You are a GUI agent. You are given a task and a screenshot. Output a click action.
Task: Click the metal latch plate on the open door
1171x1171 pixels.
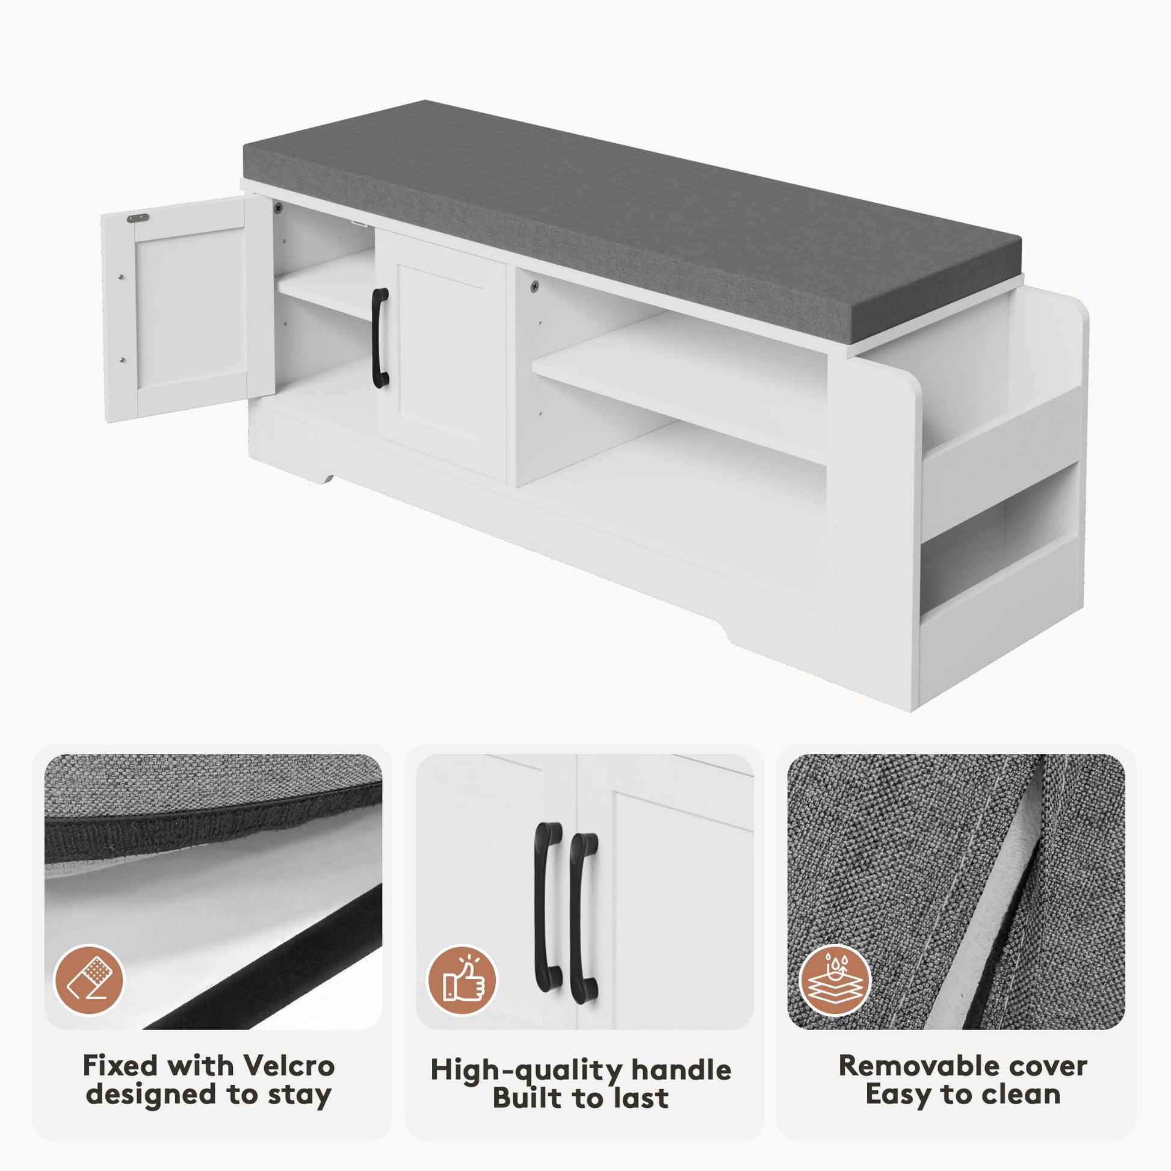coord(138,218)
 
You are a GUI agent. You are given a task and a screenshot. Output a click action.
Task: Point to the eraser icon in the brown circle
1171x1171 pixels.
coord(89,981)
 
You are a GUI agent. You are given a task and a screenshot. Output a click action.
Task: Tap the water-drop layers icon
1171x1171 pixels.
coord(835,981)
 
